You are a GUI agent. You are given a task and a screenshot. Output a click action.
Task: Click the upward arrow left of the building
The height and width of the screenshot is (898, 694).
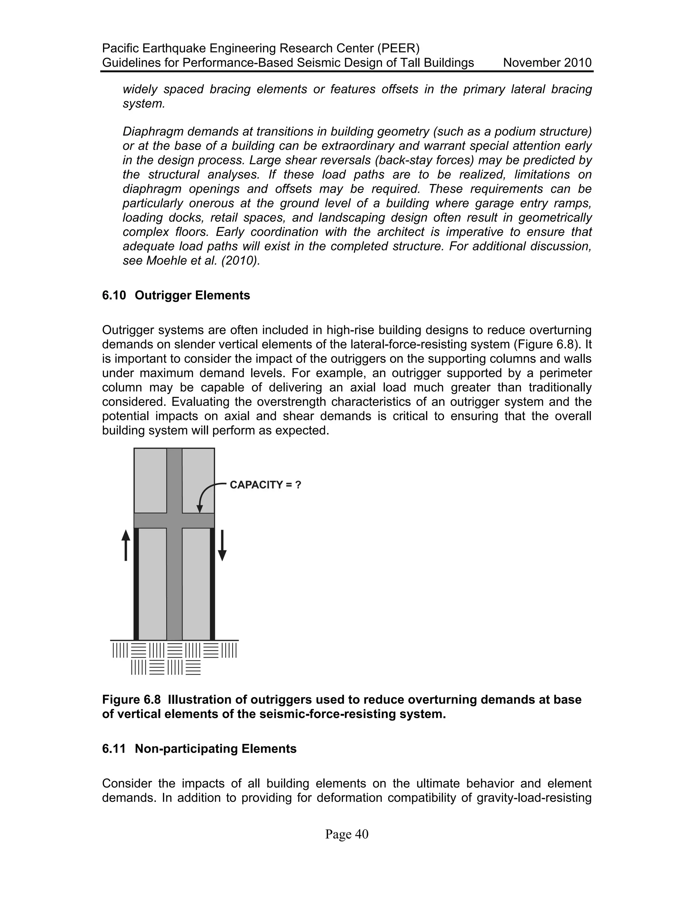(126, 545)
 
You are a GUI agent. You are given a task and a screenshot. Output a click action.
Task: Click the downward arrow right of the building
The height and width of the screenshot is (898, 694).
(222, 545)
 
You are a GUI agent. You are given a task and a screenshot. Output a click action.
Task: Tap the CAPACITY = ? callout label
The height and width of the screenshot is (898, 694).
(265, 485)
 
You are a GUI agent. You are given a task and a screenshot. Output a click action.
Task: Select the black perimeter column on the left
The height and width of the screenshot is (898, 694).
(136, 584)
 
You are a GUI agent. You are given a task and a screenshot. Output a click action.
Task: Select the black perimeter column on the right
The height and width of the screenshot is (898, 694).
(212, 584)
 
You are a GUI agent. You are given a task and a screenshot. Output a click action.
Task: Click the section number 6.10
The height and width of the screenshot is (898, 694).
(114, 295)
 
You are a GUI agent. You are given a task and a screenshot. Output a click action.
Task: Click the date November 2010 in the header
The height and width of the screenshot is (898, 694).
(547, 63)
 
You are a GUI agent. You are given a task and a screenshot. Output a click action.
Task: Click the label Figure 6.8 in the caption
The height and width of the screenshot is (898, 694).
(131, 699)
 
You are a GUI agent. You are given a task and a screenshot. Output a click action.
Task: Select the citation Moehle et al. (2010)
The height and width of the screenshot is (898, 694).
(203, 261)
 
